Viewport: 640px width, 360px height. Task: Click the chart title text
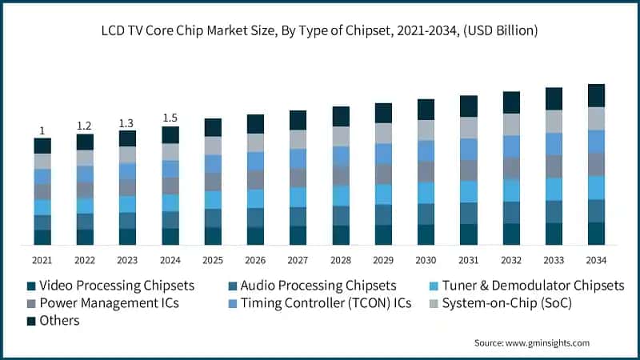click(x=320, y=31)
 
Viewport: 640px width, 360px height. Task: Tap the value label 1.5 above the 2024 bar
click(x=170, y=118)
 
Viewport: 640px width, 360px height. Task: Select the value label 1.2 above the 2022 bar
click(x=84, y=126)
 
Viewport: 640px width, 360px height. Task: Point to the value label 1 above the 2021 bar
click(x=42, y=130)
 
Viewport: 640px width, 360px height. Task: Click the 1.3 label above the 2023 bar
click(x=127, y=122)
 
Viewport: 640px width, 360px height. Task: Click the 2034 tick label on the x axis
click(x=596, y=260)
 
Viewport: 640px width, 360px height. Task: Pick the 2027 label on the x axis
click(x=298, y=260)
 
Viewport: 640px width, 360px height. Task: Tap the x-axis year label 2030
click(x=426, y=260)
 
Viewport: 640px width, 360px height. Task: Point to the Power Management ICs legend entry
click(x=102, y=303)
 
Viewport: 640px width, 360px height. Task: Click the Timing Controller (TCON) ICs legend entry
click(x=320, y=303)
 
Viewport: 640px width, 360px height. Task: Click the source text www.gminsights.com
click(x=531, y=343)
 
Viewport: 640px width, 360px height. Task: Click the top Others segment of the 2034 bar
click(x=596, y=95)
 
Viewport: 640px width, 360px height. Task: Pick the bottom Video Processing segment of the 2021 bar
click(x=42, y=237)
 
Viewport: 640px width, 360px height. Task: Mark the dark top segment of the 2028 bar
click(x=341, y=116)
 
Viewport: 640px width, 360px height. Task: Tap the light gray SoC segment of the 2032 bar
click(x=511, y=124)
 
